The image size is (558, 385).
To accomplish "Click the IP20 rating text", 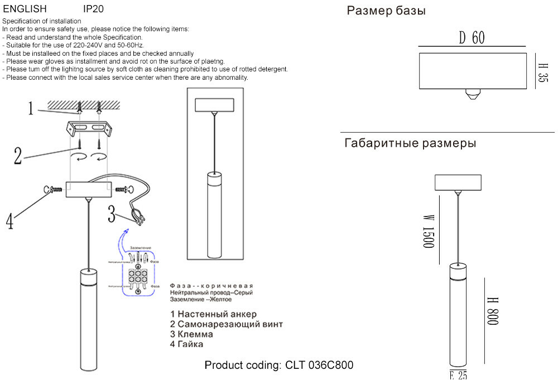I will click(93, 9).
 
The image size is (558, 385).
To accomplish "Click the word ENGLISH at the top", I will click(25, 9).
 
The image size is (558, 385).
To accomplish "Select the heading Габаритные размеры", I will click(410, 143).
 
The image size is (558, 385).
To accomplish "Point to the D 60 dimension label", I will click(472, 38).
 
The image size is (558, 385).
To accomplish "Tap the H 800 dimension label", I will click(492, 311).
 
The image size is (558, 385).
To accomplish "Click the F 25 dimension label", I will click(458, 376).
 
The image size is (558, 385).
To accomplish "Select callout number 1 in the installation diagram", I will click(32, 108).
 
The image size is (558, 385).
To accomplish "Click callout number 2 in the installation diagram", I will click(18, 156).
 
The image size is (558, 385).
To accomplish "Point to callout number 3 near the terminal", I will click(112, 213).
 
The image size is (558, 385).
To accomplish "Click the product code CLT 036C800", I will click(279, 366).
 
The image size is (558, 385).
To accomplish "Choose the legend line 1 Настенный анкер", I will click(214, 314).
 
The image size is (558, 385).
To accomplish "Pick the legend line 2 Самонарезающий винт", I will click(227, 324).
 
